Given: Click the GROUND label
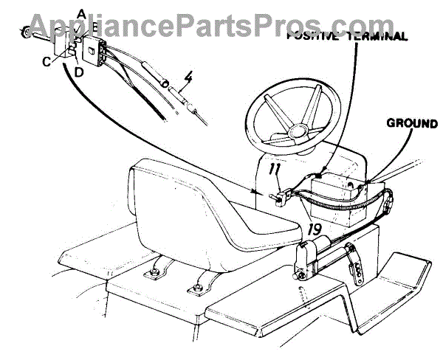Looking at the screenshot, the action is pos(413,124).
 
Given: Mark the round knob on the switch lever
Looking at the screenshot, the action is pos(25,32).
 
